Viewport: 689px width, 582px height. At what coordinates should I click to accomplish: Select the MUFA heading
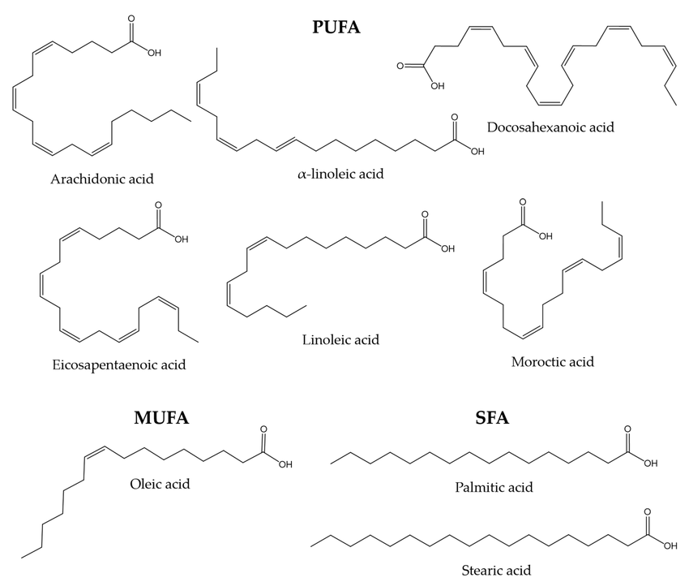161,418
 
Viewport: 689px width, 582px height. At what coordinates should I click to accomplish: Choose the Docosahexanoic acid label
551,127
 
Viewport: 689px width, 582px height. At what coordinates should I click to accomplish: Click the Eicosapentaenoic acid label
118,364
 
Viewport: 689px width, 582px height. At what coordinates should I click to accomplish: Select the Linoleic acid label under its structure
340,339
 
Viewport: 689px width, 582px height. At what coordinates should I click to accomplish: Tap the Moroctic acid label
553,361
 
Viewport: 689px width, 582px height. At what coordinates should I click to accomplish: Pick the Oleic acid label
160,485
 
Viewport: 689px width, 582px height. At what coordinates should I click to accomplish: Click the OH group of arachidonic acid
154,53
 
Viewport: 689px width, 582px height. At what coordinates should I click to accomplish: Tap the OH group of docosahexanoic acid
437,84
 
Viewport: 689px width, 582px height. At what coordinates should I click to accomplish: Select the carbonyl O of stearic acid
647,513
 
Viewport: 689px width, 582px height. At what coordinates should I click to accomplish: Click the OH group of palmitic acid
651,463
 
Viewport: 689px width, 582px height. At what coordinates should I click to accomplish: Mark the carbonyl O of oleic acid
262,431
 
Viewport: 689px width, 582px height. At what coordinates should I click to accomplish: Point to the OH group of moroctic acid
546,237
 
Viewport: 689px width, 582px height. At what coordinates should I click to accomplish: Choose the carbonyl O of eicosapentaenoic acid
156,206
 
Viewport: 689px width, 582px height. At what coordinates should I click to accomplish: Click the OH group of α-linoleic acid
477,150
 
